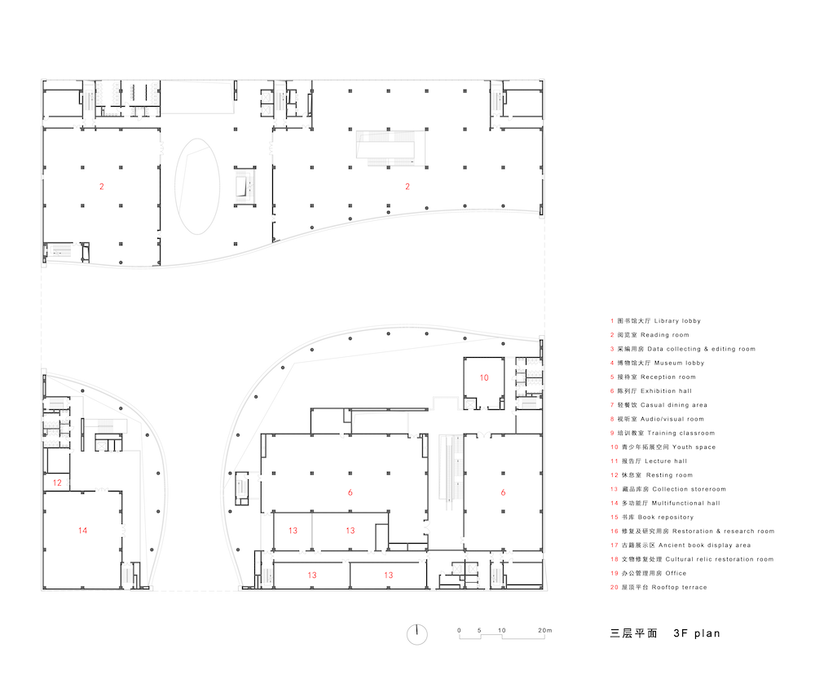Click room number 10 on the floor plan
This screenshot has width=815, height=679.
[484, 378]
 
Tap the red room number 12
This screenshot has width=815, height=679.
[57, 483]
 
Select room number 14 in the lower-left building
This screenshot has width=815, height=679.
[82, 531]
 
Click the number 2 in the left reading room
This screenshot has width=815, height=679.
[102, 187]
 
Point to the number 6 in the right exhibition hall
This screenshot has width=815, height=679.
[503, 492]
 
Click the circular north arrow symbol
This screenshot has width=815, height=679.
[416, 634]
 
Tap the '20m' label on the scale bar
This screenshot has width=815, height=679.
[544, 630]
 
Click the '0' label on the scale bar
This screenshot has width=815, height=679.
[459, 630]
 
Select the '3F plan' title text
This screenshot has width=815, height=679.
[697, 633]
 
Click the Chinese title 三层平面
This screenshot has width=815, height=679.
[633, 633]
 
